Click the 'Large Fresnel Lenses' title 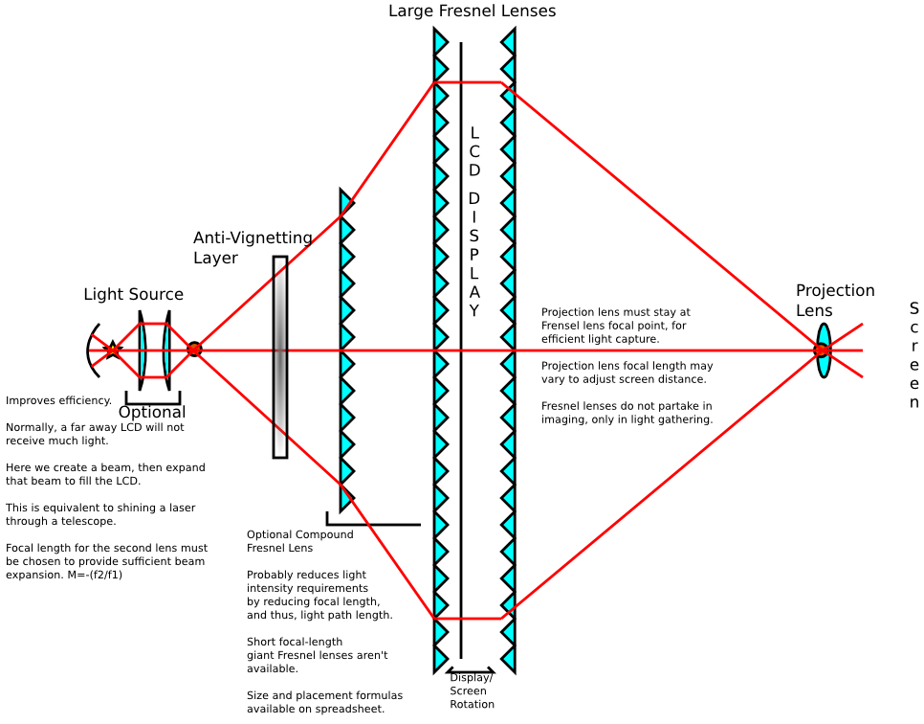coord(472,11)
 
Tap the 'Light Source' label coord(133,294)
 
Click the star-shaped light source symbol coord(113,350)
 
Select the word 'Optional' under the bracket coord(152,413)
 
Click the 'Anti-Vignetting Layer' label coord(253,247)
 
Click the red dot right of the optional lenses coord(194,350)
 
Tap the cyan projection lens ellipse coord(823,351)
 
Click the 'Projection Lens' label coord(834,300)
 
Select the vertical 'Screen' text coord(913,355)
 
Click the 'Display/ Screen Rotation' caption coord(472,690)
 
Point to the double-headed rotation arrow coord(471,671)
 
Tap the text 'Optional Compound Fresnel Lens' coord(299,541)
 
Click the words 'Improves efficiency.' coord(58,400)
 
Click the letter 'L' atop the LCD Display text coord(474,133)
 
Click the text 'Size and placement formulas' coord(324,695)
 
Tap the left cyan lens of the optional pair coord(142,351)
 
